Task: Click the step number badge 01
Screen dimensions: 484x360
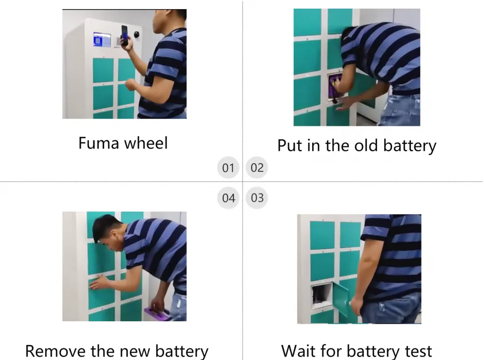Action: pyautogui.click(x=228, y=167)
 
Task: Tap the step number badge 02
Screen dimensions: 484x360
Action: pyautogui.click(x=257, y=167)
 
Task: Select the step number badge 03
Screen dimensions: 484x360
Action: pyautogui.click(x=257, y=198)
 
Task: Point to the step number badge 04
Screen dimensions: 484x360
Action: pyautogui.click(x=228, y=198)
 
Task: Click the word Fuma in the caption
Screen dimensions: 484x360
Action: pyautogui.click(x=98, y=143)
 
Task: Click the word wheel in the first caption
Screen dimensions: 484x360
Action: pyautogui.click(x=146, y=143)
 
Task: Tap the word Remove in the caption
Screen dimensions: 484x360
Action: pyautogui.click(x=55, y=351)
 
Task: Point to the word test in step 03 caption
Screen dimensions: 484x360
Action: pyautogui.click(x=418, y=351)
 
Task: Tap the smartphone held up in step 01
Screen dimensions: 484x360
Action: pyautogui.click(x=124, y=35)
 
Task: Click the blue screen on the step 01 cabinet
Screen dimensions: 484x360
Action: pyautogui.click(x=102, y=40)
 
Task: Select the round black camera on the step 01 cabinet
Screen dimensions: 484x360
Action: pyautogui.click(x=136, y=34)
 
